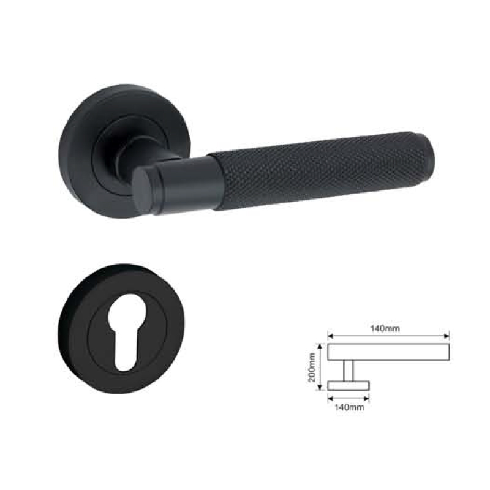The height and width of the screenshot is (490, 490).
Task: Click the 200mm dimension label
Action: pyautogui.click(x=312, y=367)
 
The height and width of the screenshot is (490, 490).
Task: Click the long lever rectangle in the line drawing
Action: pyautogui.click(x=388, y=352)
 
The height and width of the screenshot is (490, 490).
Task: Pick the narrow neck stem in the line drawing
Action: pyautogui.click(x=348, y=371)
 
